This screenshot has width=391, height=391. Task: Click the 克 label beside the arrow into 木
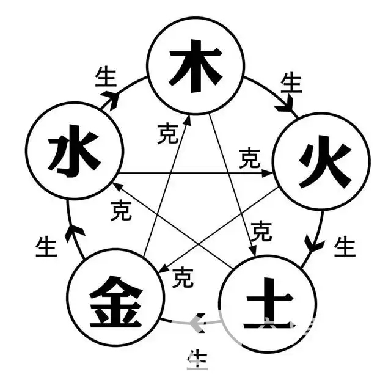[167, 134]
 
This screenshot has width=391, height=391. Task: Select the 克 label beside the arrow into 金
[183, 279]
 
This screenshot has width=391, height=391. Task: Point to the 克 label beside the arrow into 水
[121, 211]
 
